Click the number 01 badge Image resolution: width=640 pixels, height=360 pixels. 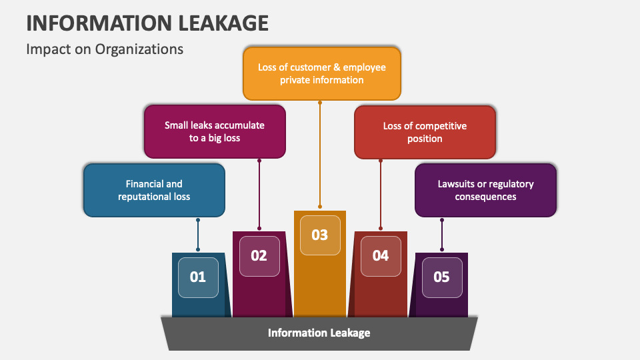click(x=198, y=277)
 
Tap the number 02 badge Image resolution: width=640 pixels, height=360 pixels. click(x=259, y=255)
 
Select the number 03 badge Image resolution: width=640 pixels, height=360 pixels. click(x=320, y=235)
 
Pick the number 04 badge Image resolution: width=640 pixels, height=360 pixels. click(x=381, y=255)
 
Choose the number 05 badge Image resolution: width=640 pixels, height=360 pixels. click(x=441, y=277)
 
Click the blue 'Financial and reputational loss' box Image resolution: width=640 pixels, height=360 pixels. click(x=154, y=190)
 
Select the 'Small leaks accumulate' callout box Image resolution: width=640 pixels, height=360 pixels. click(x=215, y=131)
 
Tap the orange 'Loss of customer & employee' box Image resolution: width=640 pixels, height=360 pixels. click(x=322, y=73)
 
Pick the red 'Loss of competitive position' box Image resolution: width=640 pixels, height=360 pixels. click(x=425, y=132)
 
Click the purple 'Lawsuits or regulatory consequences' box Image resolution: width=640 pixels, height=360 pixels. click(x=485, y=190)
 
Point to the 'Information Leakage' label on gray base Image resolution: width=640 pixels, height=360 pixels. click(x=319, y=332)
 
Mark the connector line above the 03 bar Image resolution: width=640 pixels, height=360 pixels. click(x=320, y=153)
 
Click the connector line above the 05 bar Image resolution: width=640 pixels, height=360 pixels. click(x=441, y=233)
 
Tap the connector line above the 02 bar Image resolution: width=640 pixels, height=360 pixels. click(x=259, y=193)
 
